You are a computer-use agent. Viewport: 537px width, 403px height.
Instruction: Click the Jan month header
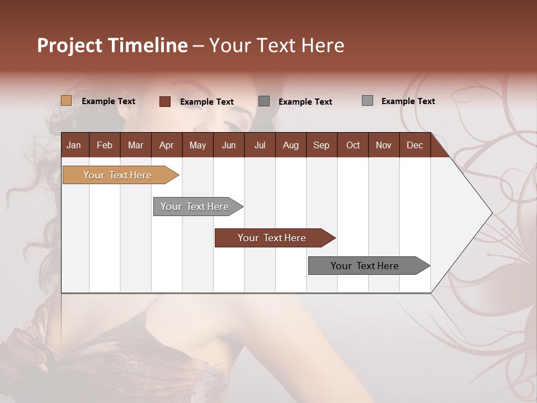pyautogui.click(x=74, y=145)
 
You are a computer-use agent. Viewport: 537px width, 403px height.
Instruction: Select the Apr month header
pyautogui.click(x=166, y=145)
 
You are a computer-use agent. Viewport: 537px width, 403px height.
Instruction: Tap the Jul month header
pyautogui.click(x=260, y=145)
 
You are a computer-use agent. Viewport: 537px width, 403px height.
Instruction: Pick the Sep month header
pyautogui.click(x=321, y=145)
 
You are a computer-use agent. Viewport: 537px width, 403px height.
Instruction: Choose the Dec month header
pyautogui.click(x=414, y=145)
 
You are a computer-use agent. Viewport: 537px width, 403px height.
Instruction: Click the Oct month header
pyautogui.click(x=353, y=145)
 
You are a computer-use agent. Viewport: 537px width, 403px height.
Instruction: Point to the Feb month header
pyautogui.click(x=105, y=145)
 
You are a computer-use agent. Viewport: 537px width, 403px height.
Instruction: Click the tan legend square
pyautogui.click(x=66, y=101)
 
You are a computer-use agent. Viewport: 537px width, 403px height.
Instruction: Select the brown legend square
pyautogui.click(x=164, y=101)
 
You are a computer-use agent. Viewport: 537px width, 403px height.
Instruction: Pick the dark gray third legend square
pyautogui.click(x=264, y=101)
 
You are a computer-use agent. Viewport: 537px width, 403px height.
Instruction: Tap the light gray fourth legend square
pyautogui.click(x=367, y=101)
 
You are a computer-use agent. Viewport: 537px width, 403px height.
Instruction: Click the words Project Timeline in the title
pyautogui.click(x=112, y=45)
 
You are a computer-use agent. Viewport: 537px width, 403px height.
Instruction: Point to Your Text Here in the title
pyautogui.click(x=277, y=45)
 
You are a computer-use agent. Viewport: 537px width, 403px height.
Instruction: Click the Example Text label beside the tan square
pyautogui.click(x=109, y=101)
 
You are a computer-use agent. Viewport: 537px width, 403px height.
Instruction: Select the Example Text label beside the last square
pyautogui.click(x=408, y=101)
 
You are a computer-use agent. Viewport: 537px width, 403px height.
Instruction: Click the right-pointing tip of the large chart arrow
pyautogui.click(x=489, y=212)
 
